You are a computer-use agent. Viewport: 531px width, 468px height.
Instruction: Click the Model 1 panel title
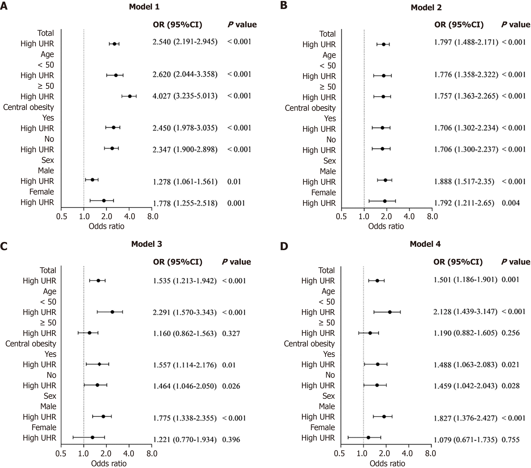tap(144, 7)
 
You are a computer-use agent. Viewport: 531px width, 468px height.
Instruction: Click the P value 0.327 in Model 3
tap(231, 333)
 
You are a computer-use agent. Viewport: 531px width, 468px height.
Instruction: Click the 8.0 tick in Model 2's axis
tap(432, 216)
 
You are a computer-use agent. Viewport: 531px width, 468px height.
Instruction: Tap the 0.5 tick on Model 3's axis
tap(61, 453)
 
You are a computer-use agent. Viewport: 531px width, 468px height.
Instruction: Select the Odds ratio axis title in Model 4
tap(387, 463)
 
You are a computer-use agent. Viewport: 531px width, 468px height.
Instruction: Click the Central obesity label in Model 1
tap(29, 107)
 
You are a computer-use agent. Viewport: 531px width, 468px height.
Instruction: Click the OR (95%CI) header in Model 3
tap(178, 262)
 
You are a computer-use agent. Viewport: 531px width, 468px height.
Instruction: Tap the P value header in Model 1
tap(242, 25)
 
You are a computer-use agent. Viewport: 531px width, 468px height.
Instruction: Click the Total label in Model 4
tap(327, 270)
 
